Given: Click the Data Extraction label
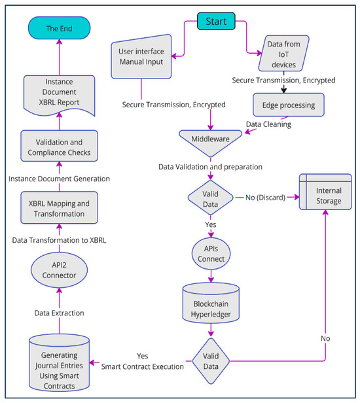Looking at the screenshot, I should point(59,313).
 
